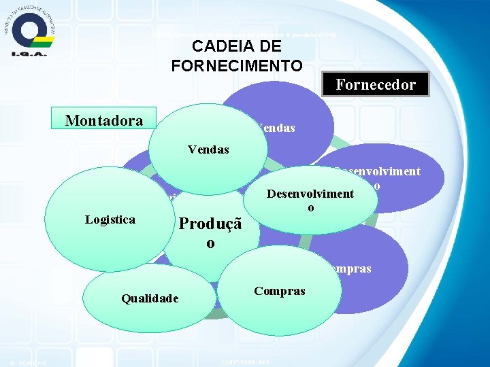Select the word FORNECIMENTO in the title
click(237, 65)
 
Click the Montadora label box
click(104, 121)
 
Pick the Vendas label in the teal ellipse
click(208, 149)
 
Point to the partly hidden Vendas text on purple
click(276, 127)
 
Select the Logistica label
click(110, 220)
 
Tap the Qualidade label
click(150, 298)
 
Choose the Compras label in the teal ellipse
click(279, 291)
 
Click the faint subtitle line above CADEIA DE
click(244, 34)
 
